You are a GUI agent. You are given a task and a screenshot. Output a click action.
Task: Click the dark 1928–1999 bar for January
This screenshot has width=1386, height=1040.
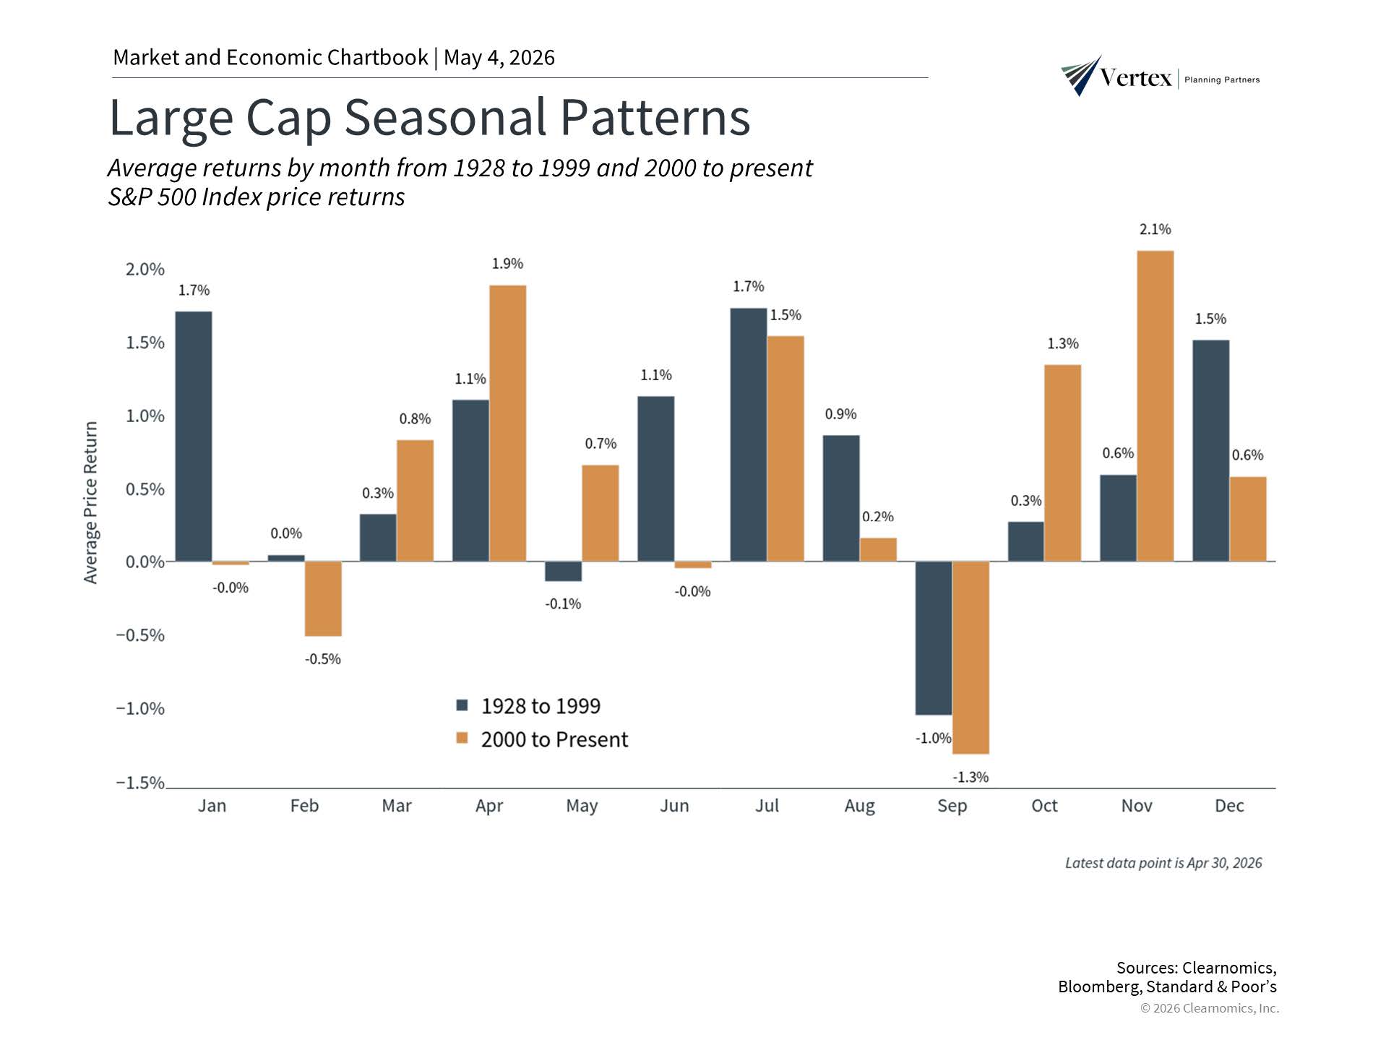(194, 437)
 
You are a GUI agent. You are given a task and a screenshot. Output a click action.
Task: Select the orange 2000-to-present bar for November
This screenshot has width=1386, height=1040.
(1155, 406)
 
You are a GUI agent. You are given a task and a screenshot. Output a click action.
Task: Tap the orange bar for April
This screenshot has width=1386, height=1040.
(507, 424)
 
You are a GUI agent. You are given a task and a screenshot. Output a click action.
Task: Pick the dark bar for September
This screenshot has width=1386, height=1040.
(934, 638)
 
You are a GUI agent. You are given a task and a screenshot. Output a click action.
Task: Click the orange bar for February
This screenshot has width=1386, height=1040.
(323, 599)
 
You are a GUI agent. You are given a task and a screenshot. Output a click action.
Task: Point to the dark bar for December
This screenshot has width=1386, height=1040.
(1210, 451)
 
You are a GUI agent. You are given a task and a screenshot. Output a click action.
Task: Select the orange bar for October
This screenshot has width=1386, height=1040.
(1062, 463)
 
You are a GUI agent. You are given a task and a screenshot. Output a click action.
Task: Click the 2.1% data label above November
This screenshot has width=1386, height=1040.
(1155, 229)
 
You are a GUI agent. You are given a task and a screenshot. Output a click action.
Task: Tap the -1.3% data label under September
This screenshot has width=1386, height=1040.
(970, 777)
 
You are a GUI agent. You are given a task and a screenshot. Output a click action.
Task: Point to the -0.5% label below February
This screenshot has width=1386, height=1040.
(322, 659)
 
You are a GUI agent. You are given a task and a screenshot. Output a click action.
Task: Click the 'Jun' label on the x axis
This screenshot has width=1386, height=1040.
(674, 806)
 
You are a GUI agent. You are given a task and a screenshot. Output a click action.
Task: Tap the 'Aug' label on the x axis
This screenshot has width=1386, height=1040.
(859, 807)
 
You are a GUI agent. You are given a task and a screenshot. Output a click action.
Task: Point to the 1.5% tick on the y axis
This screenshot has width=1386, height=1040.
(145, 343)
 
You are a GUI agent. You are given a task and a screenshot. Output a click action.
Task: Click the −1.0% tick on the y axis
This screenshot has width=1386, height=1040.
(140, 708)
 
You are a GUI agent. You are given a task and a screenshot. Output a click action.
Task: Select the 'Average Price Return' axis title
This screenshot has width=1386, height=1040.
(90, 502)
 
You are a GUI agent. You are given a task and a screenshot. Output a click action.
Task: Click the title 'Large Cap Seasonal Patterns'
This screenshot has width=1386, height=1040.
(430, 117)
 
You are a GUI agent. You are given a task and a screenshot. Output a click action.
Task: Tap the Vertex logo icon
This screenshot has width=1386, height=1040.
(1081, 75)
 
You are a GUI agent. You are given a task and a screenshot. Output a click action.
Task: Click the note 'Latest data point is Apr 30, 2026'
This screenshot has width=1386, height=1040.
(1163, 863)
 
